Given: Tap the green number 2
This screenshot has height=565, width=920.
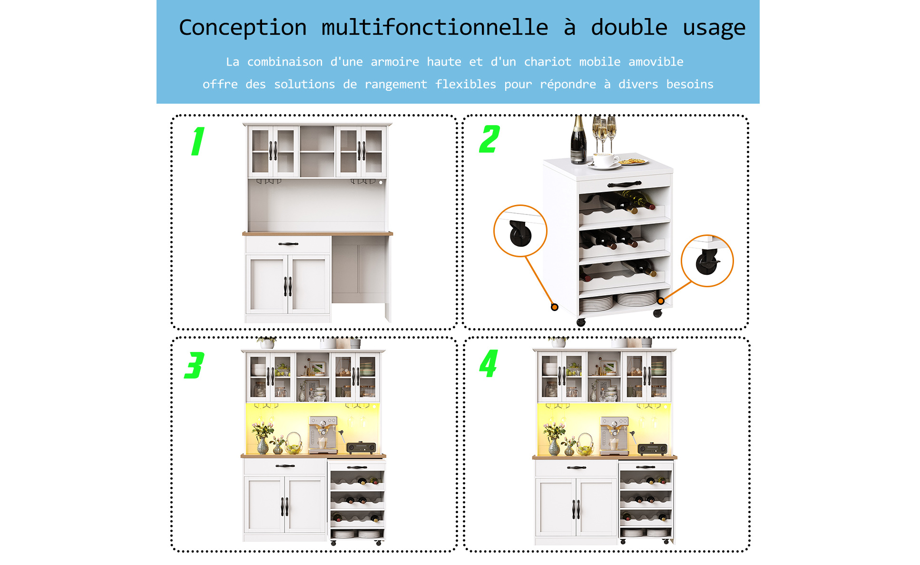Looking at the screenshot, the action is tap(489, 139).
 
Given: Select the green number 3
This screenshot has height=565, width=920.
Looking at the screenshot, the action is tap(194, 365).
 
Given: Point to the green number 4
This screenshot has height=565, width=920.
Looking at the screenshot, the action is tap(489, 363).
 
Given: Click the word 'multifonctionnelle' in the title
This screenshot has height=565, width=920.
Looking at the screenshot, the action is tap(435, 27).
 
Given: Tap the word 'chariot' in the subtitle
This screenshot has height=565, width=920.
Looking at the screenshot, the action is tap(548, 62).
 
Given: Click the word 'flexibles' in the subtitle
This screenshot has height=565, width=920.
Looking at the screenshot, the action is tap(466, 84).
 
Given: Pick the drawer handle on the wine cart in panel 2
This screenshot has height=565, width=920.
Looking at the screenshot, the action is tap(624, 184).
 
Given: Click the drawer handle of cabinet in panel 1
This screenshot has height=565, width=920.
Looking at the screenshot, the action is tap(288, 244).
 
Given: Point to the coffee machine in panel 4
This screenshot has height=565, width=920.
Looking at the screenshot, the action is tap(615, 435).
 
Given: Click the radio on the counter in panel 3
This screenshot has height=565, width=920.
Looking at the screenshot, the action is tap(361, 448).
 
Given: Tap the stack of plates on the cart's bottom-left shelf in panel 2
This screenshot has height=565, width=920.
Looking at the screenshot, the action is tap(597, 303).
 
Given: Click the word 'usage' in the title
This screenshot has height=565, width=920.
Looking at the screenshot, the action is tap(714, 28).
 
